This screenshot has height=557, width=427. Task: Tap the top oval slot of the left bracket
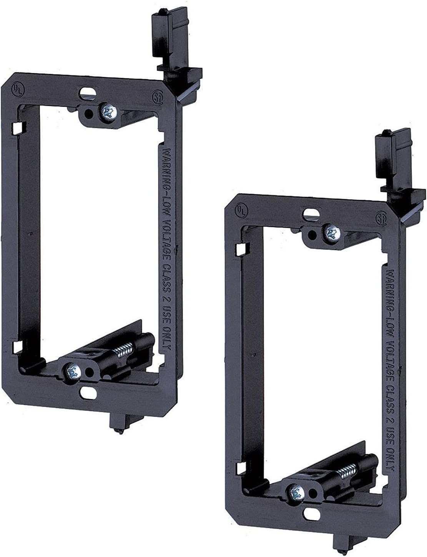coord(87,93)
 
